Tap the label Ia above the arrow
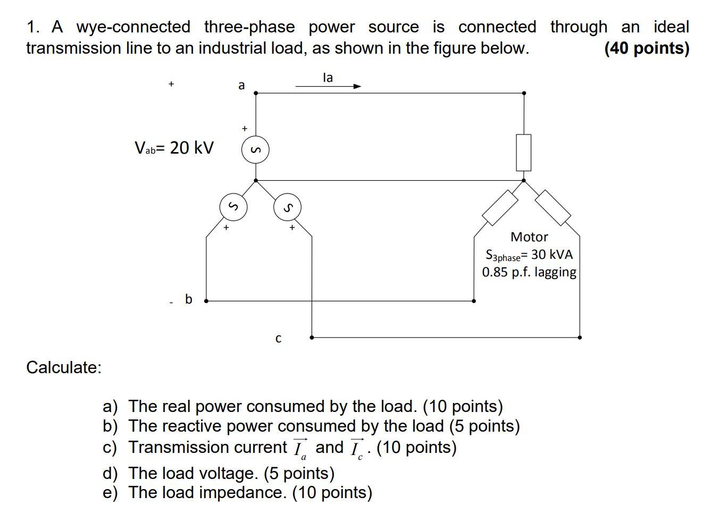pyautogui.click(x=328, y=78)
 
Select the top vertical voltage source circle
pyautogui.click(x=255, y=151)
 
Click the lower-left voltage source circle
pyautogui.click(x=233, y=207)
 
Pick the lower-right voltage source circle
pyautogui.click(x=287, y=207)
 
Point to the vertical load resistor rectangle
pyautogui.click(x=524, y=153)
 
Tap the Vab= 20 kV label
pyautogui.click(x=174, y=148)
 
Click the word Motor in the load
pyautogui.click(x=529, y=237)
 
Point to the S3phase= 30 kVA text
pyautogui.click(x=529, y=255)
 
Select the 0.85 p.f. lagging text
pyautogui.click(x=529, y=272)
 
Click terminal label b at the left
pyautogui.click(x=188, y=299)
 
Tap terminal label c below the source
pyautogui.click(x=278, y=339)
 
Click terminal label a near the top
pyautogui.click(x=241, y=85)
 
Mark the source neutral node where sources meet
pyautogui.click(x=256, y=181)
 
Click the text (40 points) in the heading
pyautogui.click(x=647, y=48)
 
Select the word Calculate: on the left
pyautogui.click(x=64, y=367)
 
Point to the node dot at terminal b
pyautogui.click(x=206, y=301)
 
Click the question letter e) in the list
pyautogui.click(x=110, y=493)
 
